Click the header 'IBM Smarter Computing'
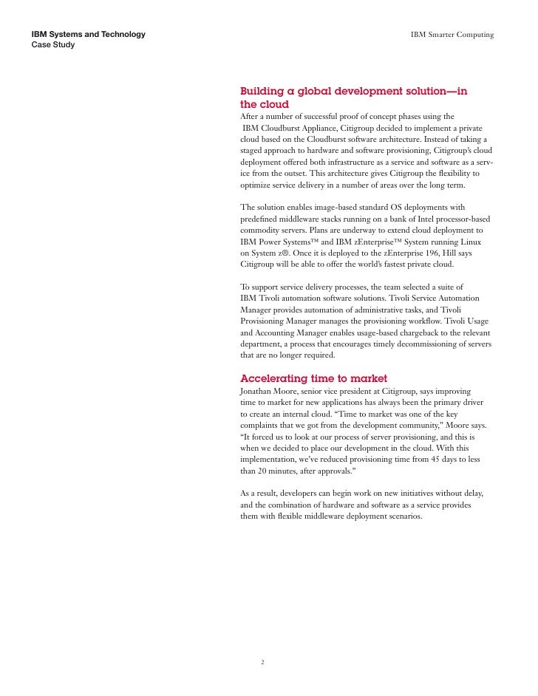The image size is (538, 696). pyautogui.click(x=452, y=35)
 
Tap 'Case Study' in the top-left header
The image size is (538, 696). pyautogui.click(x=52, y=45)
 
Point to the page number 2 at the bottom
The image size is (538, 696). pyautogui.click(x=263, y=662)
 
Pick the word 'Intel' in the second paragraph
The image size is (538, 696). pyautogui.click(x=393, y=218)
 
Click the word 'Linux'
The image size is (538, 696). pyautogui.click(x=470, y=241)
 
